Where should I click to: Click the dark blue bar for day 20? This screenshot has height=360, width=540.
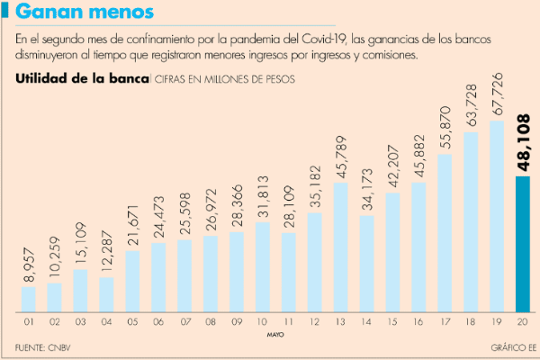point(523,242)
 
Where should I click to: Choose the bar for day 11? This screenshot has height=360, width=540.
point(289,271)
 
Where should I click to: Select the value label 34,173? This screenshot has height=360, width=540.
point(367,191)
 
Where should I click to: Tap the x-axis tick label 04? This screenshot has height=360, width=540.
point(106,321)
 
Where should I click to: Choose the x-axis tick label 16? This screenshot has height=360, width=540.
point(418,321)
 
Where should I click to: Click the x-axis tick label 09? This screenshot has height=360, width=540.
point(237,321)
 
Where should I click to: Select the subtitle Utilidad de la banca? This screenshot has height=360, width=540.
point(80,79)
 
